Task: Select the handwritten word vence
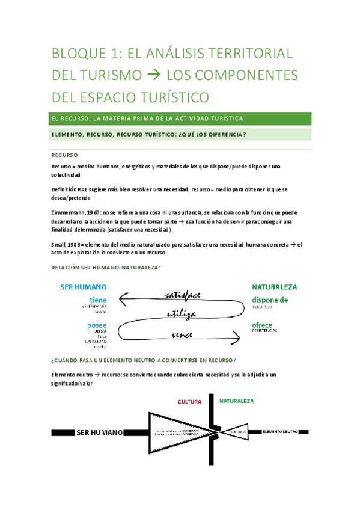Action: coord(182,334)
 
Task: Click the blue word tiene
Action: coord(98,300)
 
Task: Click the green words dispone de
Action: coord(270,300)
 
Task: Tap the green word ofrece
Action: coord(263,325)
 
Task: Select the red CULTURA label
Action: coord(190,401)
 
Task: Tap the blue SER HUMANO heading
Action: coord(84,287)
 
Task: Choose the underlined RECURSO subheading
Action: coord(64,155)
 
